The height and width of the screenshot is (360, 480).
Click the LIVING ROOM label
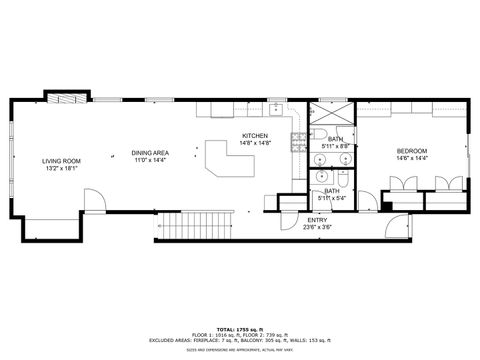(61, 161)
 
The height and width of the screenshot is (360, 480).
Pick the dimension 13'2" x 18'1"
(61, 169)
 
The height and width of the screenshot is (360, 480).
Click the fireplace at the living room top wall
(63, 99)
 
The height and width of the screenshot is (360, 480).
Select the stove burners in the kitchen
(297, 140)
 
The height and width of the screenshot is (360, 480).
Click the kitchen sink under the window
(276, 107)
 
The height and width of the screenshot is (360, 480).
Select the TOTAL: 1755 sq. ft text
(240, 329)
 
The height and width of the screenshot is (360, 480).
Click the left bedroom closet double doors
(404, 184)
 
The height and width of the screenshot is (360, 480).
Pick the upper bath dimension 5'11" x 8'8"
(336, 146)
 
